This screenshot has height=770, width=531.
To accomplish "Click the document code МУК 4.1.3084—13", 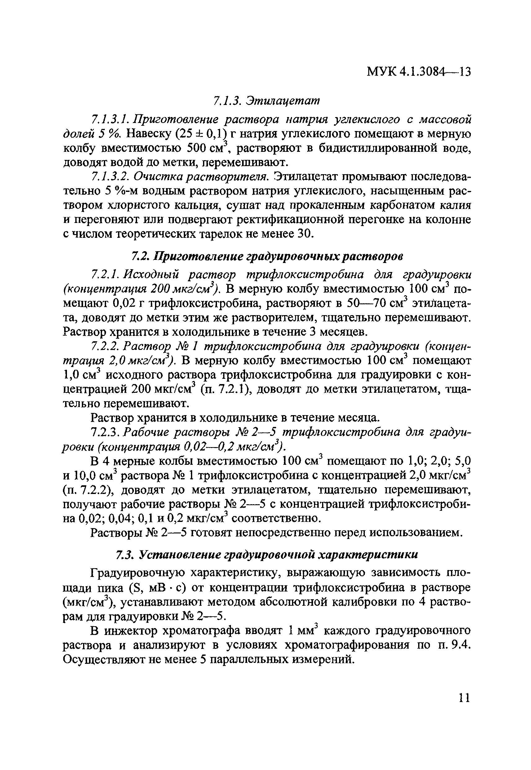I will pos(419,72).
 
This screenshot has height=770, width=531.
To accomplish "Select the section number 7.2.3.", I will pos(105,432).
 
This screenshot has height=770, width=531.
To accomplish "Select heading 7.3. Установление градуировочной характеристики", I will pos(266,555).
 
